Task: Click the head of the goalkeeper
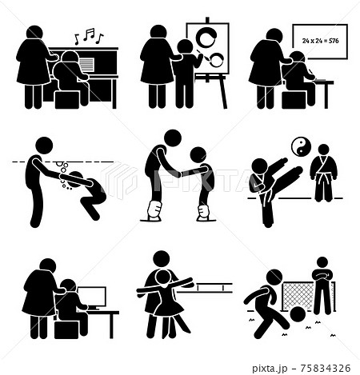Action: click(x=322, y=262)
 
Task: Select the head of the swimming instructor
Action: click(x=44, y=146)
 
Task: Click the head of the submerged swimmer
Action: click(x=78, y=179)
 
